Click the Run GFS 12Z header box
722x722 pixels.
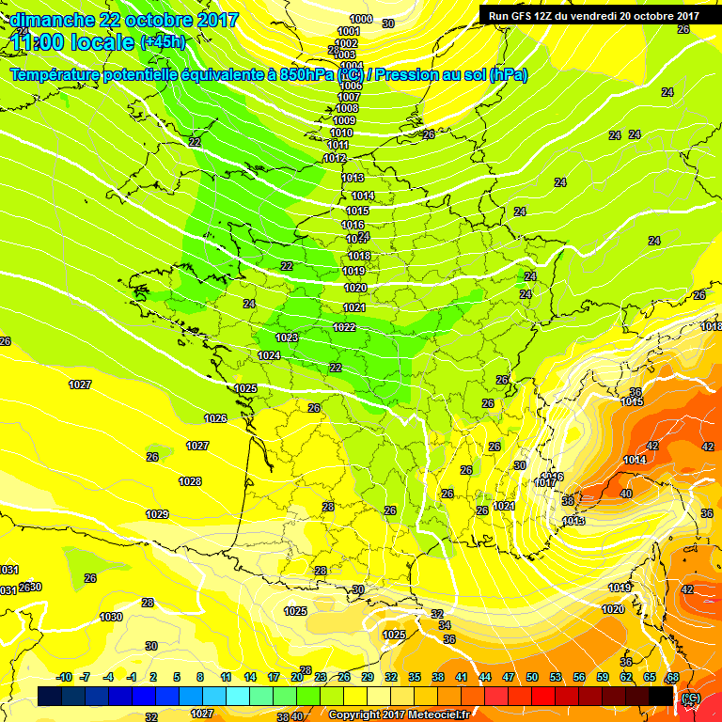[593, 16]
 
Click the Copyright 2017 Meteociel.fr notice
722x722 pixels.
[400, 714]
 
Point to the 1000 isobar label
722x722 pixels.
[359, 19]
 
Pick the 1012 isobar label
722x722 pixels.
[334, 158]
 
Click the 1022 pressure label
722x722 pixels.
[344, 327]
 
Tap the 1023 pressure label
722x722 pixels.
[287, 337]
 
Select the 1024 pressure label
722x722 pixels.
[269, 355]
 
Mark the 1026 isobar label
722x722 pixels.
[215, 418]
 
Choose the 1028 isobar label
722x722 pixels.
[190, 481]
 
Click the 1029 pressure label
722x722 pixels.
[157, 514]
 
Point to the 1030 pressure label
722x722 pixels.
[111, 617]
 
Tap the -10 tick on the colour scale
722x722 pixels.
[64, 677]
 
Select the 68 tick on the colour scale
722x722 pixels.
[672, 677]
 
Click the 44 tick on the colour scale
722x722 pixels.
[484, 677]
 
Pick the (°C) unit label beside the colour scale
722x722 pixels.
[691, 697]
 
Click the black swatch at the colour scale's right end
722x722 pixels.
[661, 696]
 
